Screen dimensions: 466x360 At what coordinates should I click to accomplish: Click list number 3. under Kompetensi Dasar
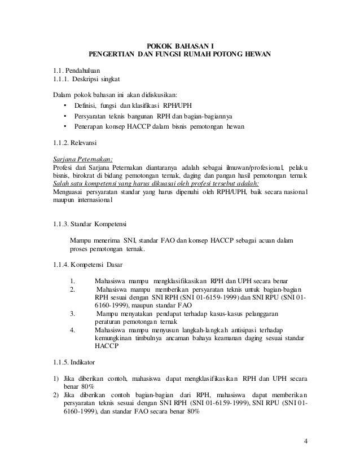73,314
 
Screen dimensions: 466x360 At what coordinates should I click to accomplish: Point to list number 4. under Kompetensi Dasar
73,330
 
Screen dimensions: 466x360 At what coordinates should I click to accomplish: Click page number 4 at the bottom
305,441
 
